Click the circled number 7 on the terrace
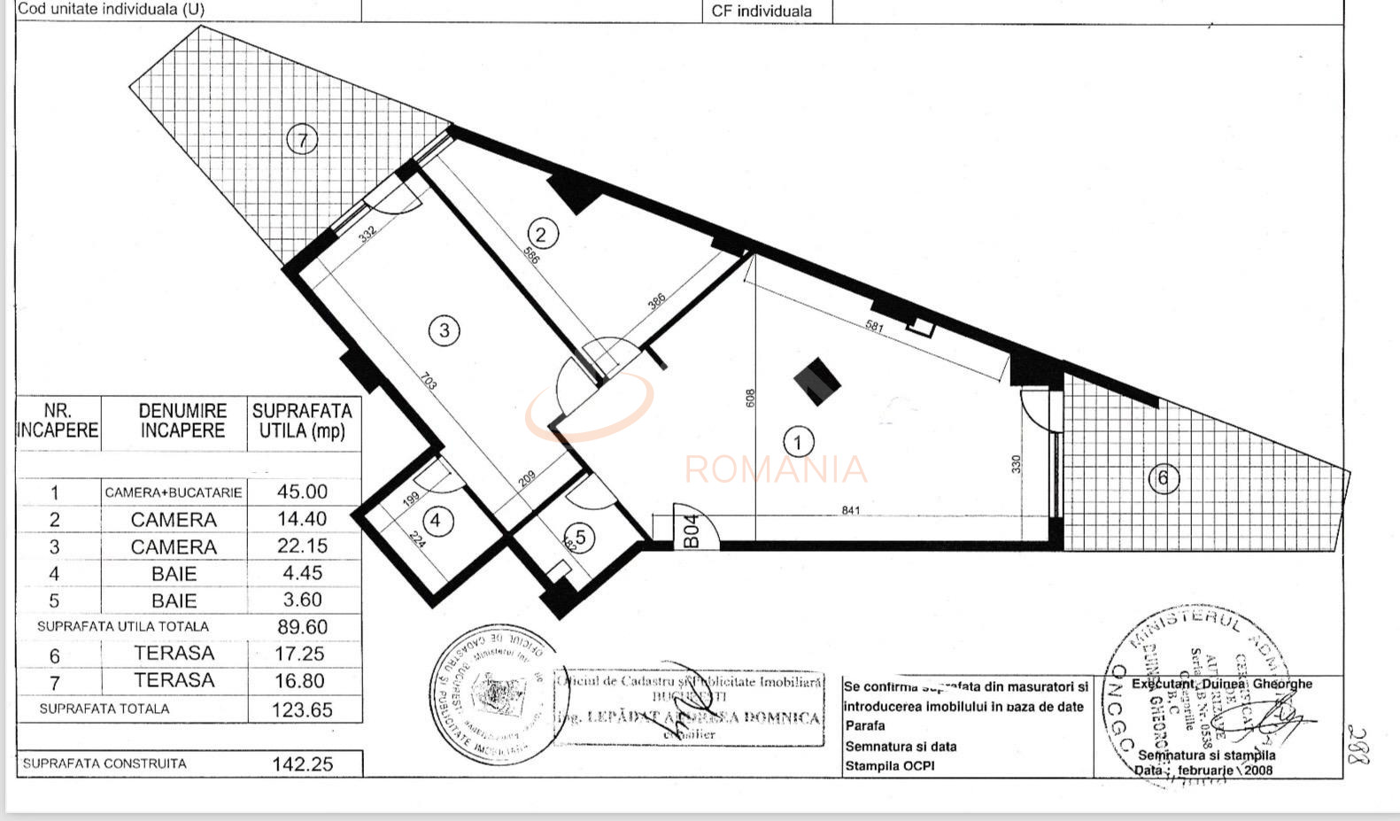(303, 140)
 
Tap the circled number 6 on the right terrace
(1163, 479)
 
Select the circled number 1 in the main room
(799, 441)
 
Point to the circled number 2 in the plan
(542, 234)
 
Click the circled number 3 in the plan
(444, 330)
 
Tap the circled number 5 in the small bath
(580, 537)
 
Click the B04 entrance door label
(692, 531)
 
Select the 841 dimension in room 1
(850, 510)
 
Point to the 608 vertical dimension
(750, 399)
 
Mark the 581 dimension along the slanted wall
(874, 327)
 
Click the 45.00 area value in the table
(303, 492)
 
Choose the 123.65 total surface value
(303, 709)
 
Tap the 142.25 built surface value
(303, 764)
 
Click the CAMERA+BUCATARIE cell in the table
(174, 492)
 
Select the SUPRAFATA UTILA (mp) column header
(303, 422)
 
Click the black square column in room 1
(816, 381)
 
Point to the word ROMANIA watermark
(776, 469)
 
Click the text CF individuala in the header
(762, 12)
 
